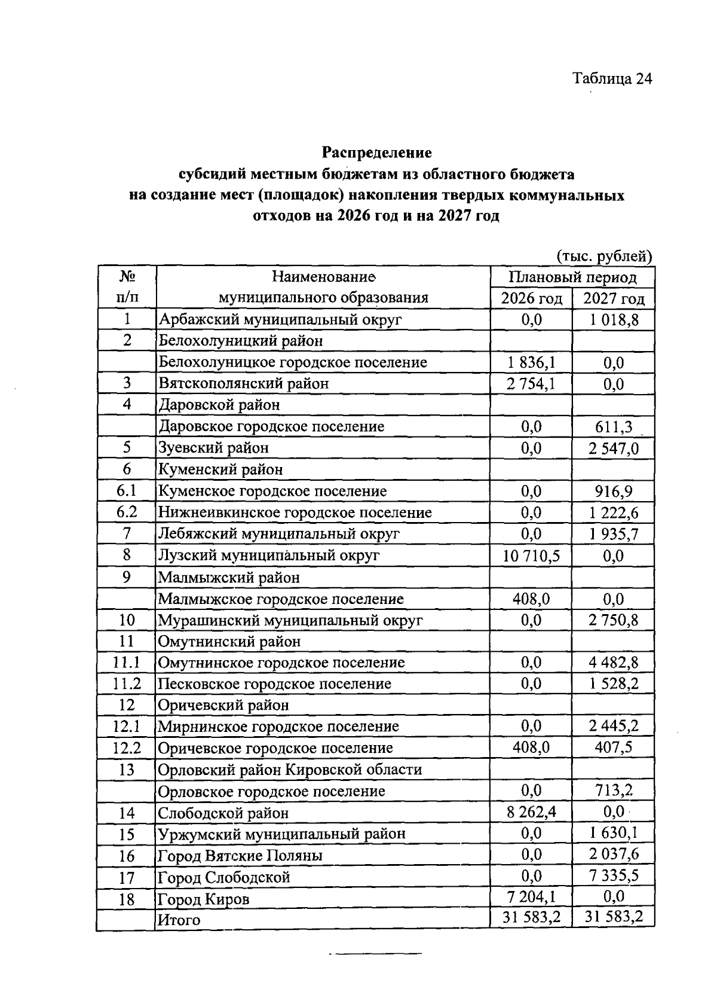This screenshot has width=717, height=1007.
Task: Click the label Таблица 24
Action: tap(612, 79)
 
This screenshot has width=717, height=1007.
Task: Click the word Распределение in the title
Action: tap(377, 152)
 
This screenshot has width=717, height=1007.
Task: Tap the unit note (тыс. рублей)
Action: tap(604, 257)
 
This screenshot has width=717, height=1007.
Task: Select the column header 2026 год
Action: tap(531, 298)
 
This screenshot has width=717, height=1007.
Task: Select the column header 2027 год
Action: tap(614, 298)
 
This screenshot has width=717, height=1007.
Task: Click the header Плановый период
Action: tap(572, 277)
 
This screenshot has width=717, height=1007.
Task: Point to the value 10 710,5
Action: tap(531, 556)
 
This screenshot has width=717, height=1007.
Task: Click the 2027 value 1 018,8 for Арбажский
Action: tap(614, 319)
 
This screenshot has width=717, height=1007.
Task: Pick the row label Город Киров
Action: tap(203, 899)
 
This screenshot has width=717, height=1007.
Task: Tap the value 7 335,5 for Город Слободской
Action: tap(614, 876)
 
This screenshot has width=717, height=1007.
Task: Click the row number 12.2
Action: tap(127, 747)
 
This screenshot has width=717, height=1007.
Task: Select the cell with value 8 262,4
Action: tap(531, 812)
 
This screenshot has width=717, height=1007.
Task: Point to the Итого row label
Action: tap(179, 920)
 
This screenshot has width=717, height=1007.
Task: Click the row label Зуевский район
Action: tap(213, 447)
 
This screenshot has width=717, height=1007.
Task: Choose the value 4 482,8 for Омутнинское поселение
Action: tap(614, 662)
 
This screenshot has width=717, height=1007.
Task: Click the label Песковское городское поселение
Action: tap(274, 683)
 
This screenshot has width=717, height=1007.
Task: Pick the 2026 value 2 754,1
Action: tap(531, 383)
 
